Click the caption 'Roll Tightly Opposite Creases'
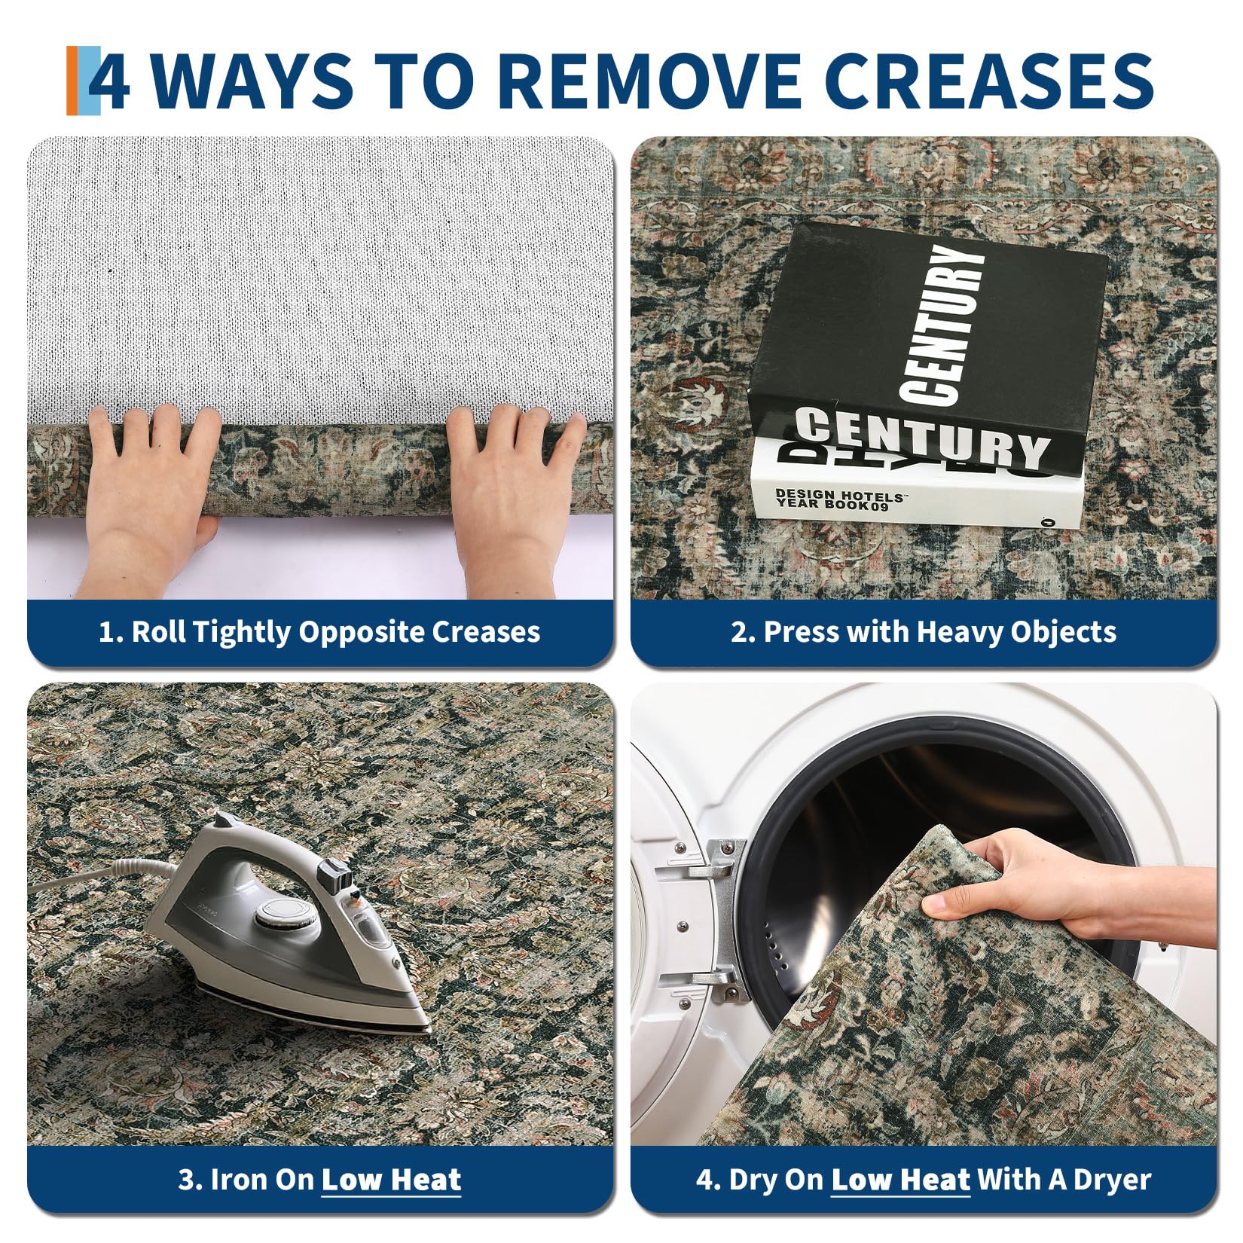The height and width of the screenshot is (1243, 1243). click(x=319, y=631)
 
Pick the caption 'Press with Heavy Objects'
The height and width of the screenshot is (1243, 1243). click(x=924, y=631)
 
